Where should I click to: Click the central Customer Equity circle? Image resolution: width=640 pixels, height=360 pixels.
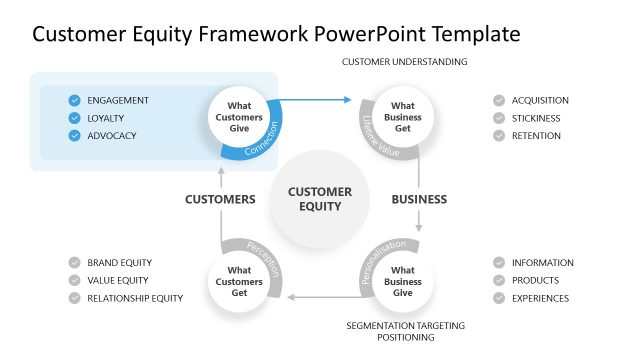pos(320,199)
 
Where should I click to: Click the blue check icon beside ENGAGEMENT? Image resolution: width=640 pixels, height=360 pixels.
pos(74,100)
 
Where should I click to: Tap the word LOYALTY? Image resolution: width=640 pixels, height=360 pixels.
pos(106,118)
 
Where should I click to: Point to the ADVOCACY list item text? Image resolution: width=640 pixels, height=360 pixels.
pos(112,136)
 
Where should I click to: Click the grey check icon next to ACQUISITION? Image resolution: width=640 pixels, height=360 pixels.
pos(498,100)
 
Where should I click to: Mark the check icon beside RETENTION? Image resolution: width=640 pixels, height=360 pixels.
pos(498,136)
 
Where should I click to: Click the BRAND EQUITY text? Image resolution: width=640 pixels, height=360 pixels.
pos(119,263)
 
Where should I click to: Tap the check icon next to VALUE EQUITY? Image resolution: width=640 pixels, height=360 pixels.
pos(74,281)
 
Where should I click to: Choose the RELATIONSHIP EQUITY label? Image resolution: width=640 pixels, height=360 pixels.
pos(135,299)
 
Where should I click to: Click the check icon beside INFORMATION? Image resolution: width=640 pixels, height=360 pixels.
pos(498,263)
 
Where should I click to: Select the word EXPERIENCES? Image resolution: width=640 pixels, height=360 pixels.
pos(540,299)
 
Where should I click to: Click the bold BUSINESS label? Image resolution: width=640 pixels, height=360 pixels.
pos(419,199)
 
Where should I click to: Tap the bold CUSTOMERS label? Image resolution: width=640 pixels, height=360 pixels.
pos(220,199)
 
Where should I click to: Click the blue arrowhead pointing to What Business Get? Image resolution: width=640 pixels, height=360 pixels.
pos(349,100)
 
